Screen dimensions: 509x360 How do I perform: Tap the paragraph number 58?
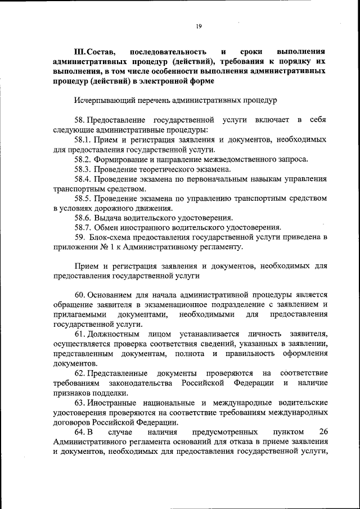[x=79, y=120]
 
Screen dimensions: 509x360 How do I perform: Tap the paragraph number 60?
[x=79, y=294]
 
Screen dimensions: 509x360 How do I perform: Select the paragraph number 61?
[x=79, y=334]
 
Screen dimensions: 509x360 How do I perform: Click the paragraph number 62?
[x=79, y=373]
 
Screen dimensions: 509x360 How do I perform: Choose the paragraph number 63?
[x=79, y=403]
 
